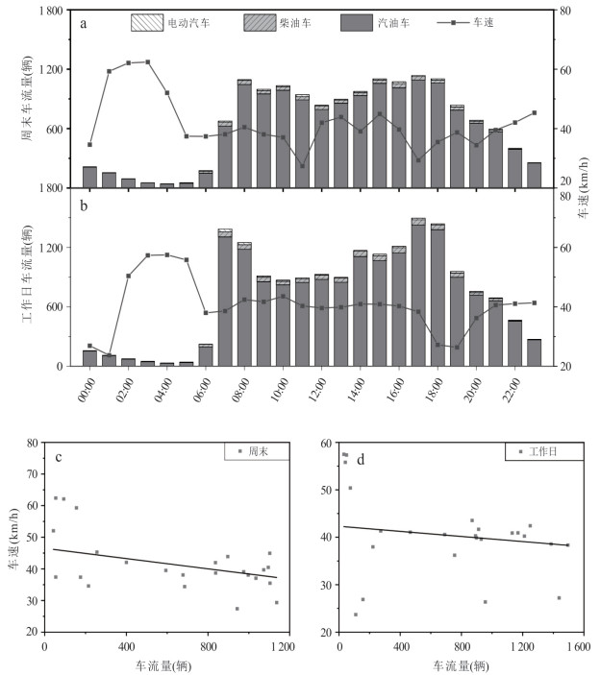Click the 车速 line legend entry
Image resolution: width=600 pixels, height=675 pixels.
[x=471, y=20]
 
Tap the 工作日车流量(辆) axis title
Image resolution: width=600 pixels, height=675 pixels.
[x=25, y=278]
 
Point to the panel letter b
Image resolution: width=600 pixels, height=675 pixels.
[x=85, y=205]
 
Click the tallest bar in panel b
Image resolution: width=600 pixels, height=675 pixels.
[x=418, y=293]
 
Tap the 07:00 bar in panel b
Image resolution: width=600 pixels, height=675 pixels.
[x=225, y=298]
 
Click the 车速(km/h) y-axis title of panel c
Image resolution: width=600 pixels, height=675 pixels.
[x=12, y=537]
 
